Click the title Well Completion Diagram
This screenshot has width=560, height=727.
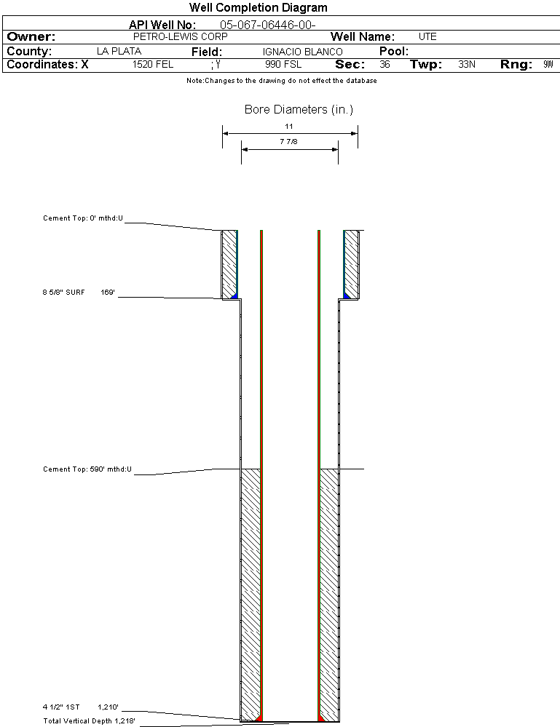pos(258,7)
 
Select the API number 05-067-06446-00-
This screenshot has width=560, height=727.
pos(267,25)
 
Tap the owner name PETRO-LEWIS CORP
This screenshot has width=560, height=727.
pos(181,36)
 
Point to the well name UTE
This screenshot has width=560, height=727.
pos(427,36)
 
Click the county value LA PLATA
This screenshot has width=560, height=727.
pos(119,52)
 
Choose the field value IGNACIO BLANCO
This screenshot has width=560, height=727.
pos(302,52)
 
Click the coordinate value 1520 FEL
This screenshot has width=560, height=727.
pos(153,65)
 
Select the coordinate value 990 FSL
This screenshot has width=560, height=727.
pos(283,65)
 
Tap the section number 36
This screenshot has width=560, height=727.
pos(384,65)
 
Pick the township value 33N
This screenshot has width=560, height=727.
pos(467,65)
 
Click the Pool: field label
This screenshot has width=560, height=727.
pos(394,52)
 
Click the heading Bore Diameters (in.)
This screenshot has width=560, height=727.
pos(299,110)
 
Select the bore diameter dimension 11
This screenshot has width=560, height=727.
pos(289,127)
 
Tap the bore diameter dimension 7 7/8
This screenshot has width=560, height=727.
pos(288,143)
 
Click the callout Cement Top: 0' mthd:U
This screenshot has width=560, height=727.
pos(82,218)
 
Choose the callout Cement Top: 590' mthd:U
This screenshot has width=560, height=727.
pos(87,469)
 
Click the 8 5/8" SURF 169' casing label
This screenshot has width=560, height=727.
pos(79,292)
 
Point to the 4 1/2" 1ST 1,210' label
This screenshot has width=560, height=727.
pos(80,707)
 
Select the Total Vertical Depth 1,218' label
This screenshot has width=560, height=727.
pos(89,721)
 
